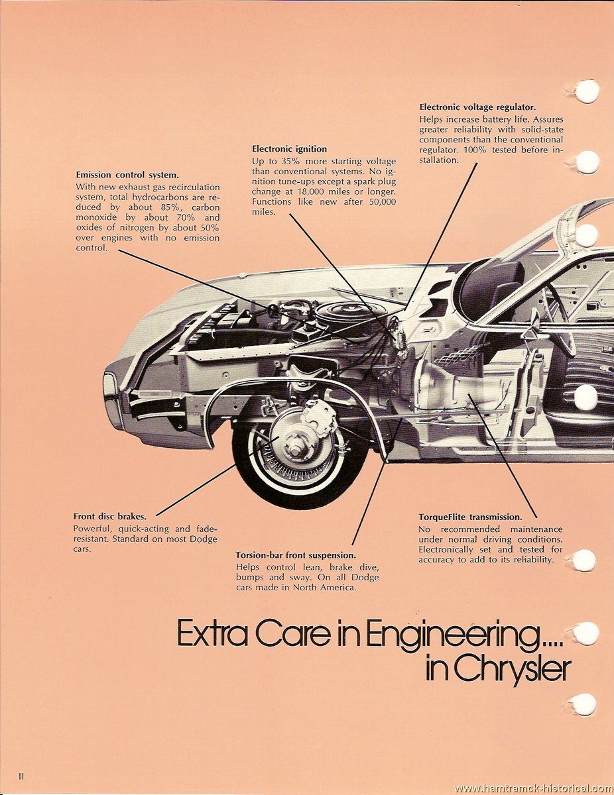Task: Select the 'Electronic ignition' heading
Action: tap(289, 149)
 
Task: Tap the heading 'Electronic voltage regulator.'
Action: tap(477, 107)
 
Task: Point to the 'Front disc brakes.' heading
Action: tap(110, 517)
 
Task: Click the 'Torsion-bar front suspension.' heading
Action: tap(296, 555)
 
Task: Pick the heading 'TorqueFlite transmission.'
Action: tap(471, 517)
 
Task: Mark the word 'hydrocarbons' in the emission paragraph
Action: tap(161, 197)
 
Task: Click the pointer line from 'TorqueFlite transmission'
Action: tap(503, 456)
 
